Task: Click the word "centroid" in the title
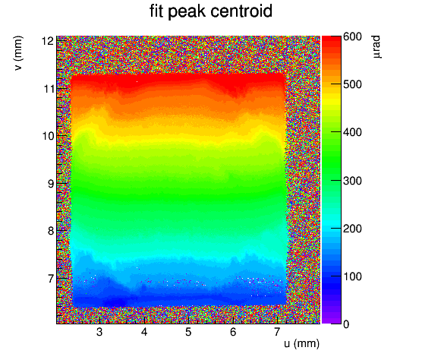(241, 11)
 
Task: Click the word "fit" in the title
(156, 11)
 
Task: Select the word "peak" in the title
(187, 13)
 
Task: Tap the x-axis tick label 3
(99, 332)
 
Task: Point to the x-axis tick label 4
(144, 332)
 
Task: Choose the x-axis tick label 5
(188, 332)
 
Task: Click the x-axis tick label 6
(233, 332)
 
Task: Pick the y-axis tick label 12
(48, 41)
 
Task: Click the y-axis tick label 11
(49, 89)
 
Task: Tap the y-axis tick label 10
(48, 136)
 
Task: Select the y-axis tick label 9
(51, 184)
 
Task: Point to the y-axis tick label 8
(51, 231)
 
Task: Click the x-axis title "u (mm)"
(301, 344)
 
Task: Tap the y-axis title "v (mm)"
(18, 53)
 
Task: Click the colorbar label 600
(352, 36)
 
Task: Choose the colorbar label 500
(352, 84)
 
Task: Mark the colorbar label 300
(352, 181)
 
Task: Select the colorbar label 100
(352, 276)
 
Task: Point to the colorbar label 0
(346, 324)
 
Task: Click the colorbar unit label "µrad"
(377, 47)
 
